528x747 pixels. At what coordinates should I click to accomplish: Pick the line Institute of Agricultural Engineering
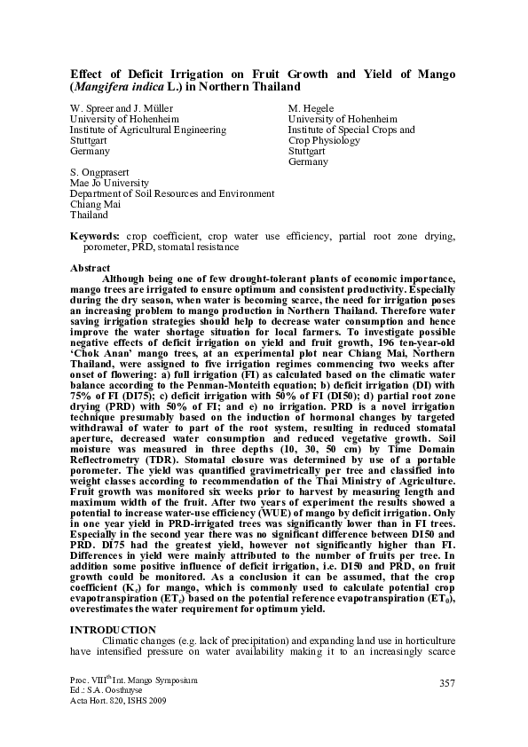[147, 130]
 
